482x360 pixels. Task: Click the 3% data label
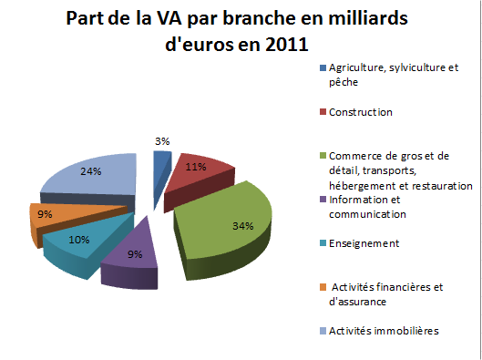[x=163, y=141]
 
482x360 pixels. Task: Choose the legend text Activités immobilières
[x=384, y=331]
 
